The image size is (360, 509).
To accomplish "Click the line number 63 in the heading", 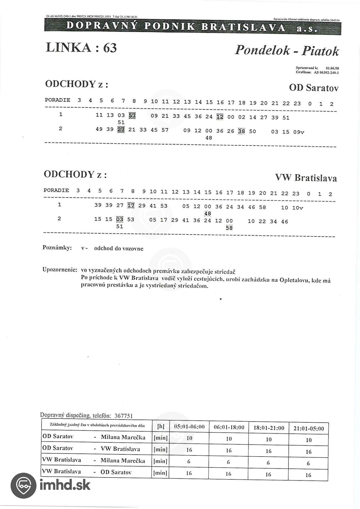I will [x=110, y=48].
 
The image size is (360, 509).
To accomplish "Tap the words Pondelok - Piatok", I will [x=287, y=50].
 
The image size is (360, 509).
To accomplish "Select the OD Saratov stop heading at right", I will [x=314, y=87].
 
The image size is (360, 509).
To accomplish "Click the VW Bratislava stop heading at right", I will [x=306, y=177].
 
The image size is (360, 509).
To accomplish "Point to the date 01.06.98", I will [x=332, y=68].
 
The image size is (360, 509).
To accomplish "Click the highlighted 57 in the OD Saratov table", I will [x=132, y=116].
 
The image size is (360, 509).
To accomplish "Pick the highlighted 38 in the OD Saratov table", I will [x=241, y=131].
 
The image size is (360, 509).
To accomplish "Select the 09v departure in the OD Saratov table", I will [x=299, y=132].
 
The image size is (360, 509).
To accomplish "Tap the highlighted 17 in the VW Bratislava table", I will [x=131, y=205].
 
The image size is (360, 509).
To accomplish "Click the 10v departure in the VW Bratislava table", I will [x=297, y=208].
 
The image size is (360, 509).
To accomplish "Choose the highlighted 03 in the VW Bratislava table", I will [x=120, y=219].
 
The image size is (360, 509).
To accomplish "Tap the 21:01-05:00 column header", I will [x=309, y=428].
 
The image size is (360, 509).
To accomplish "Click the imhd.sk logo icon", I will [x=23, y=485].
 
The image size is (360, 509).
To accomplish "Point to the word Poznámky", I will [x=57, y=248].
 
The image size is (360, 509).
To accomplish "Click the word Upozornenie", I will [x=60, y=270].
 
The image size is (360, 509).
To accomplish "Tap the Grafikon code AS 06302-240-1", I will [x=326, y=72].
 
